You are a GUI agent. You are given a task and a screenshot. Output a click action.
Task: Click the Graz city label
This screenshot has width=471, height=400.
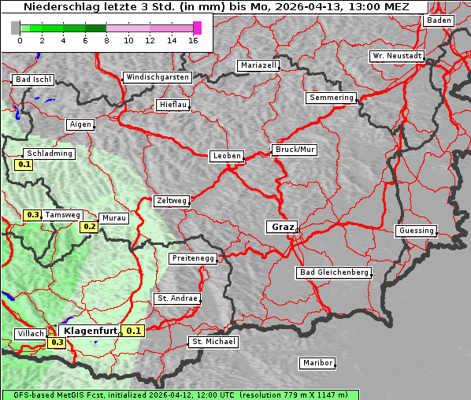point(281,227)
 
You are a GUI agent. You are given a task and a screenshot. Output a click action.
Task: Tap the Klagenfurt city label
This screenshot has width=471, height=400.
point(90,331)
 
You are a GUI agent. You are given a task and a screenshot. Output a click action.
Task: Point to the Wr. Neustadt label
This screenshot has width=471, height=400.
point(397,57)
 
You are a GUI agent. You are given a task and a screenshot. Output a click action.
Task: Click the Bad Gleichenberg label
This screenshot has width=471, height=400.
point(333,272)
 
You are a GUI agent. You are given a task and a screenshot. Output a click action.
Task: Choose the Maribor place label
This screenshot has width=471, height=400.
point(317,363)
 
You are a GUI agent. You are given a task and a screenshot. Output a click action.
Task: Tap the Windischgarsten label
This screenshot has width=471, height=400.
point(157,77)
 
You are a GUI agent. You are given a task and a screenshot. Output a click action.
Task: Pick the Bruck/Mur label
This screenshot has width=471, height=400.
point(294,150)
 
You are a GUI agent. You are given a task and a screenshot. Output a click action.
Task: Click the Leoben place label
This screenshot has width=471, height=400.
point(226,156)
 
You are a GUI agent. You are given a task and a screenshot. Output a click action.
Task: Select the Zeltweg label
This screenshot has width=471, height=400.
point(171,201)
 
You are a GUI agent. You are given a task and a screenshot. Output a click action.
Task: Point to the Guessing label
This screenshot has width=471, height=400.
point(415,231)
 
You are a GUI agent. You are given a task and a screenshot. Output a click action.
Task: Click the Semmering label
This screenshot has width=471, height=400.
point(331,98)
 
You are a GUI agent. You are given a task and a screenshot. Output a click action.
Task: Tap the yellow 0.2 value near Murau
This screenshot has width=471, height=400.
point(90,227)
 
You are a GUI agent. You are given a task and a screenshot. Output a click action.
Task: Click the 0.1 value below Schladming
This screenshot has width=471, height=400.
point(24,165)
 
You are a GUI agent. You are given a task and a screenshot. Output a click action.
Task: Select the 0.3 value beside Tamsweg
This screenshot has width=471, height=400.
point(32,214)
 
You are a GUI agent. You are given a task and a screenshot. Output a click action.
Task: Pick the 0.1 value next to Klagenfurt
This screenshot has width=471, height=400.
point(134,331)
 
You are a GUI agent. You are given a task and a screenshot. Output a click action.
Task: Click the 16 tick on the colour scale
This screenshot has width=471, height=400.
point(193,39)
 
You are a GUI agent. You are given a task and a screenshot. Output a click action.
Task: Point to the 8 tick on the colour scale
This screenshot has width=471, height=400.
point(106,39)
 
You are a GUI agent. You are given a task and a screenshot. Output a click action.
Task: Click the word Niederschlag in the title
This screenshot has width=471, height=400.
point(56,7)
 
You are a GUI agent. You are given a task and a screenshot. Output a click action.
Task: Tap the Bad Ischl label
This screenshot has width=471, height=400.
point(33,80)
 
